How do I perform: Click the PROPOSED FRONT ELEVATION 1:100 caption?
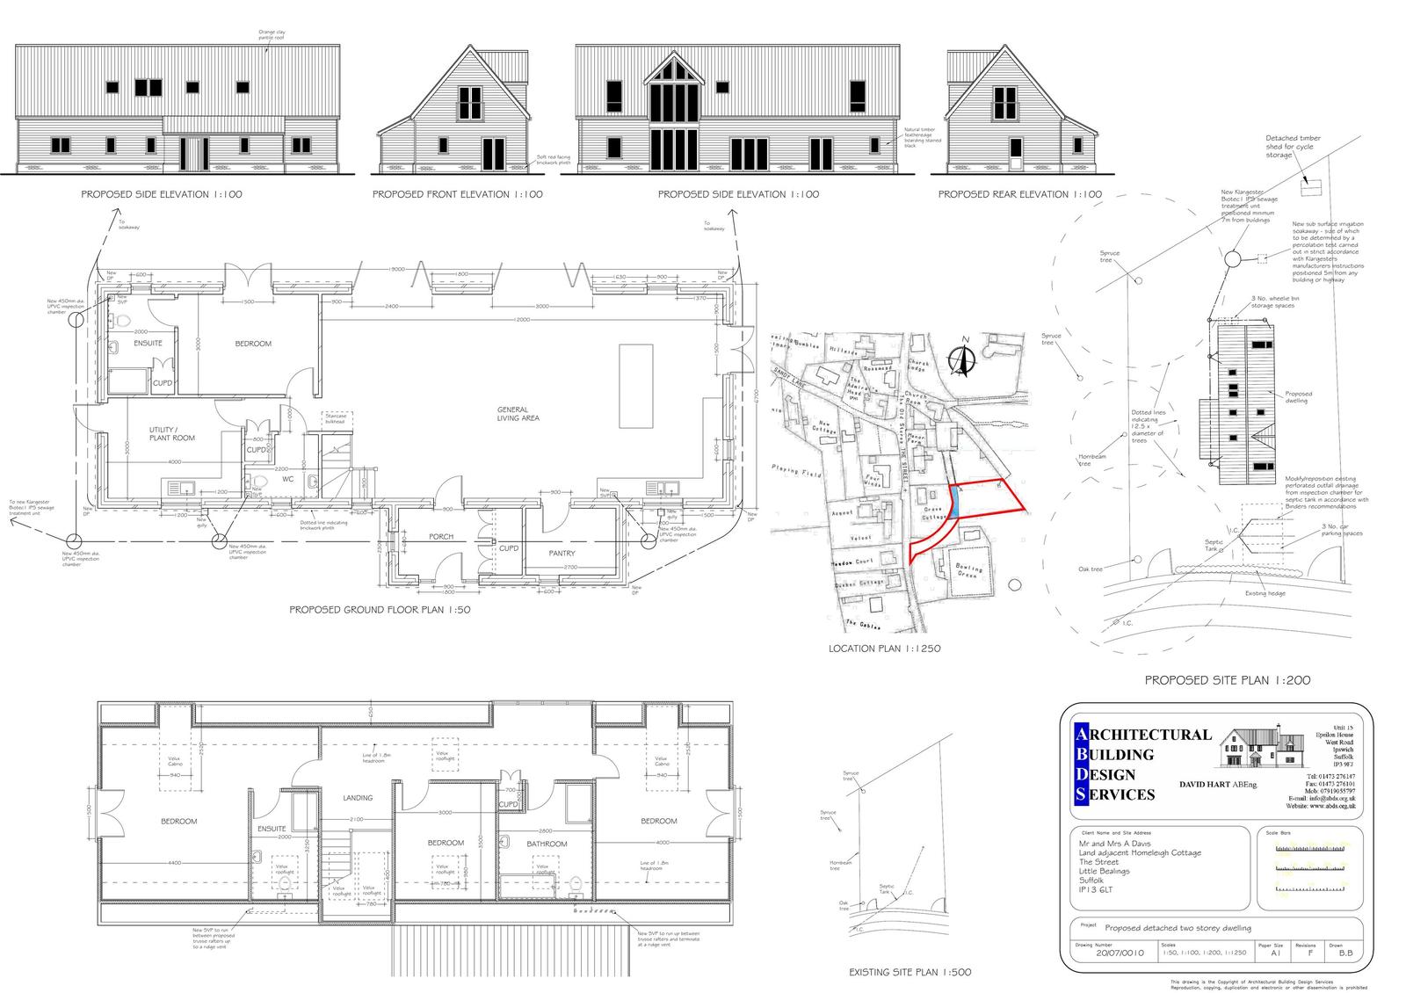tap(457, 194)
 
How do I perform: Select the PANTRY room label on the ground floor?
tap(562, 553)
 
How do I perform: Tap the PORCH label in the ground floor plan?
tap(441, 536)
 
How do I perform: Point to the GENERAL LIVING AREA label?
tap(518, 414)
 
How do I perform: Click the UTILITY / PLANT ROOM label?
tap(171, 433)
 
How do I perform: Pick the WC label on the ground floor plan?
tap(287, 480)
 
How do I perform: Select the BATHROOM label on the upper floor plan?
tap(547, 844)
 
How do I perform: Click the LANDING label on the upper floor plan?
tap(358, 798)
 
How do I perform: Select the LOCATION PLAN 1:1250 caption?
tap(884, 649)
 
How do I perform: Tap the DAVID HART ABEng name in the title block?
tap(1216, 784)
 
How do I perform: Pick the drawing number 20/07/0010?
tap(1120, 953)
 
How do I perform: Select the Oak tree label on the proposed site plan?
tap(1090, 569)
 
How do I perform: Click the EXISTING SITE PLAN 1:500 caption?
tap(910, 973)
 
